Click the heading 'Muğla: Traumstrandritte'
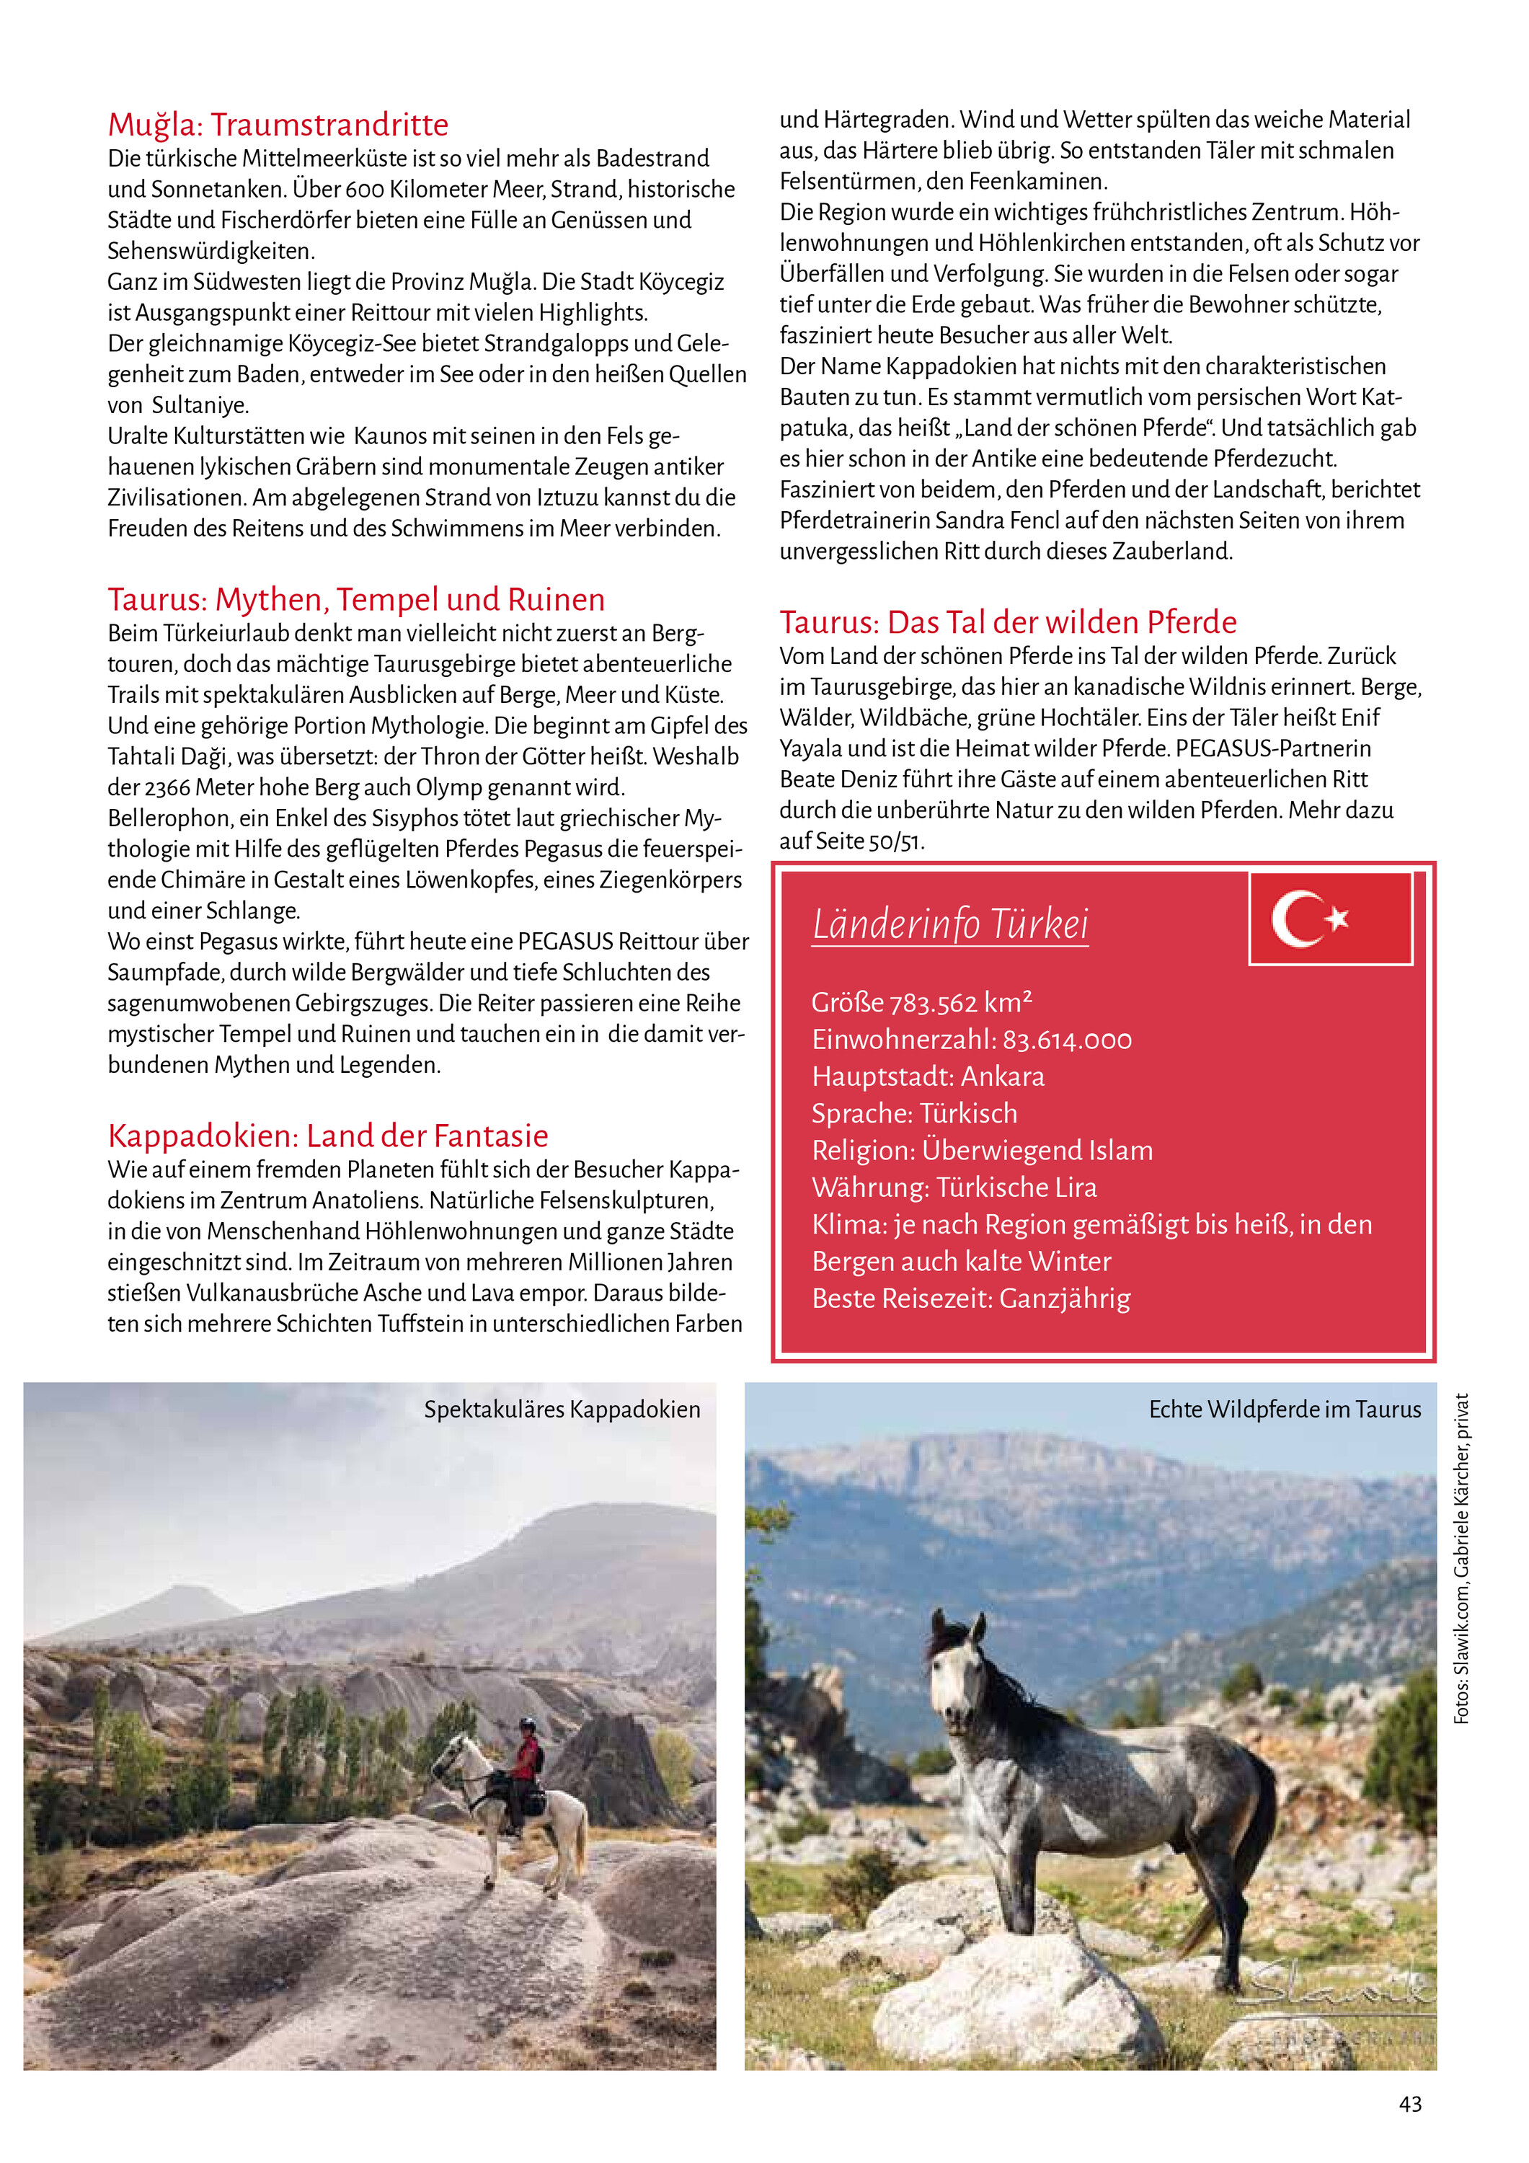278,124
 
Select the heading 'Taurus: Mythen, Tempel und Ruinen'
356,599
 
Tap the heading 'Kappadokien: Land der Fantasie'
328,1135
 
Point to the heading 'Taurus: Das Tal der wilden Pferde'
1007,622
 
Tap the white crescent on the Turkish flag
1295,919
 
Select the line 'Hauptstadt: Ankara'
928,1076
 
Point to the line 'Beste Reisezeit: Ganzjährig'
970,1299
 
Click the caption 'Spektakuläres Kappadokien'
562,1410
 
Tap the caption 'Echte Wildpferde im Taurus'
1284,1410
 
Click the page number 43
1410,2104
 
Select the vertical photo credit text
1461,1558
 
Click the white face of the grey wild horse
949,1687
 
